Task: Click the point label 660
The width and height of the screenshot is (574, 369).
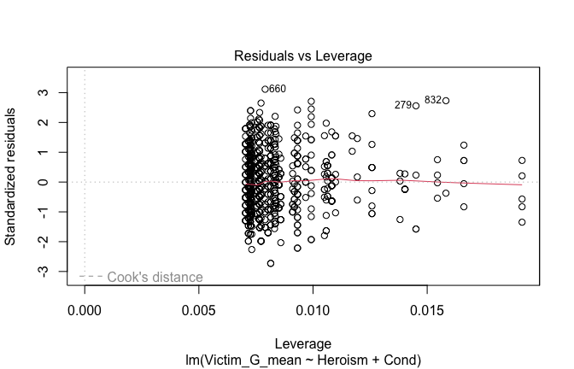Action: point(278,89)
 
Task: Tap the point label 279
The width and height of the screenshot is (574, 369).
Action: point(403,105)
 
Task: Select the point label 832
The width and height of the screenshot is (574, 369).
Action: point(433,100)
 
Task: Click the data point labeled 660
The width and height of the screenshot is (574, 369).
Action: point(265,89)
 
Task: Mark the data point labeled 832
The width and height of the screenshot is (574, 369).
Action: point(446,101)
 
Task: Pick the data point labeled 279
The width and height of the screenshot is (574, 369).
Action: point(416,106)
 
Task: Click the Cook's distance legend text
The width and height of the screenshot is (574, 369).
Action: point(155,277)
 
